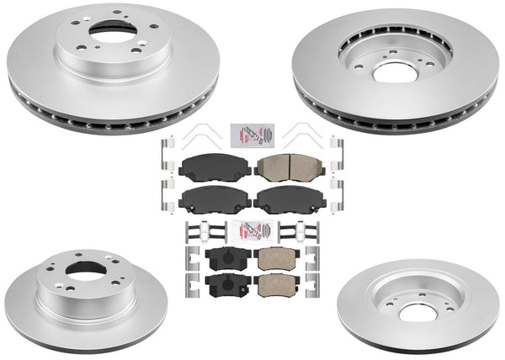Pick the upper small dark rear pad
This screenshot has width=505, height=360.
click(221, 257)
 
